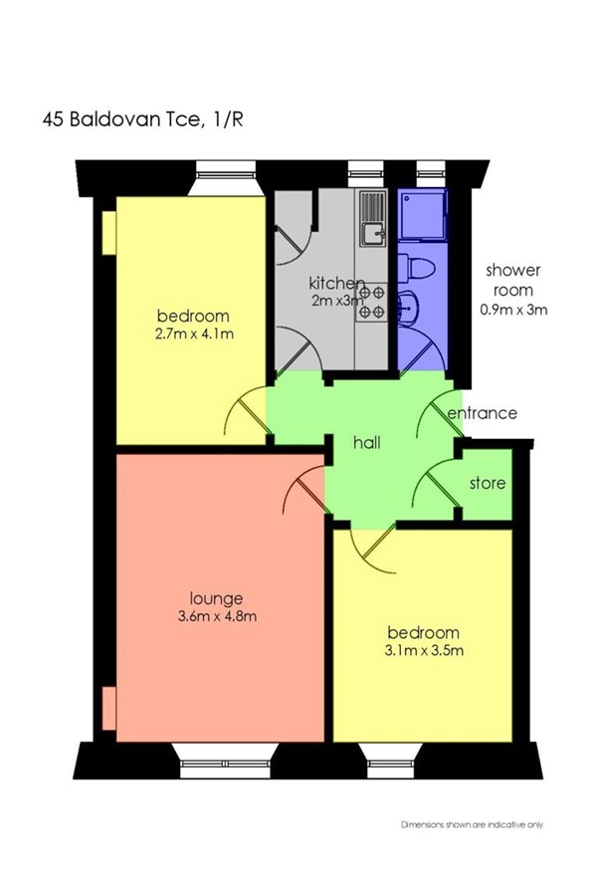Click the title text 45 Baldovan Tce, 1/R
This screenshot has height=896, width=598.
pyautogui.click(x=143, y=119)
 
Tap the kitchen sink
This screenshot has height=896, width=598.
pyautogui.click(x=372, y=218)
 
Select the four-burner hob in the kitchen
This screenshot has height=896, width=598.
pyautogui.click(x=372, y=303)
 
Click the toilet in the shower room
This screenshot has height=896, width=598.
pyautogui.click(x=416, y=268)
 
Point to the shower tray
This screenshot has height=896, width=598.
pyautogui.click(x=422, y=214)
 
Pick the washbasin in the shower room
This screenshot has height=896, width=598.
pyautogui.click(x=410, y=308)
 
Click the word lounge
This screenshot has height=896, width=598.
pyautogui.click(x=216, y=598)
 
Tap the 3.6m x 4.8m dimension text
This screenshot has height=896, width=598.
pyautogui.click(x=217, y=616)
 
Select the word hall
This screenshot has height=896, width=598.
pyautogui.click(x=367, y=442)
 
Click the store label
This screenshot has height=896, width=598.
pyautogui.click(x=488, y=483)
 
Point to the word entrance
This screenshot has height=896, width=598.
pyautogui.click(x=482, y=412)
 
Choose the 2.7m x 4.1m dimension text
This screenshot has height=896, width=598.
pyautogui.click(x=194, y=334)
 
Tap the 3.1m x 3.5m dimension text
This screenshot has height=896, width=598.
pyautogui.click(x=424, y=650)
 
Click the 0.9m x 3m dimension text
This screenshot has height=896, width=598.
pyautogui.click(x=513, y=310)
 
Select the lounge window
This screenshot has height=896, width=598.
pyautogui.click(x=225, y=760)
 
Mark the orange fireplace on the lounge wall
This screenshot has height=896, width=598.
pyautogui.click(x=109, y=708)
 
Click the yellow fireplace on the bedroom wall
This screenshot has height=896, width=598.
pyautogui.click(x=109, y=233)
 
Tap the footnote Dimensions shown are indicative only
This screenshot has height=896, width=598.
pyautogui.click(x=472, y=824)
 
